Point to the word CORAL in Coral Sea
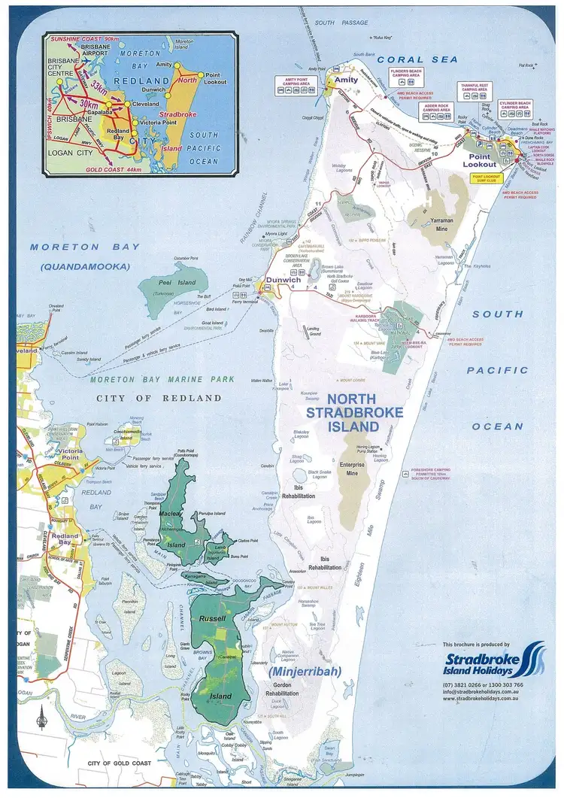point(400,59)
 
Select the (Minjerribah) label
point(305,670)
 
